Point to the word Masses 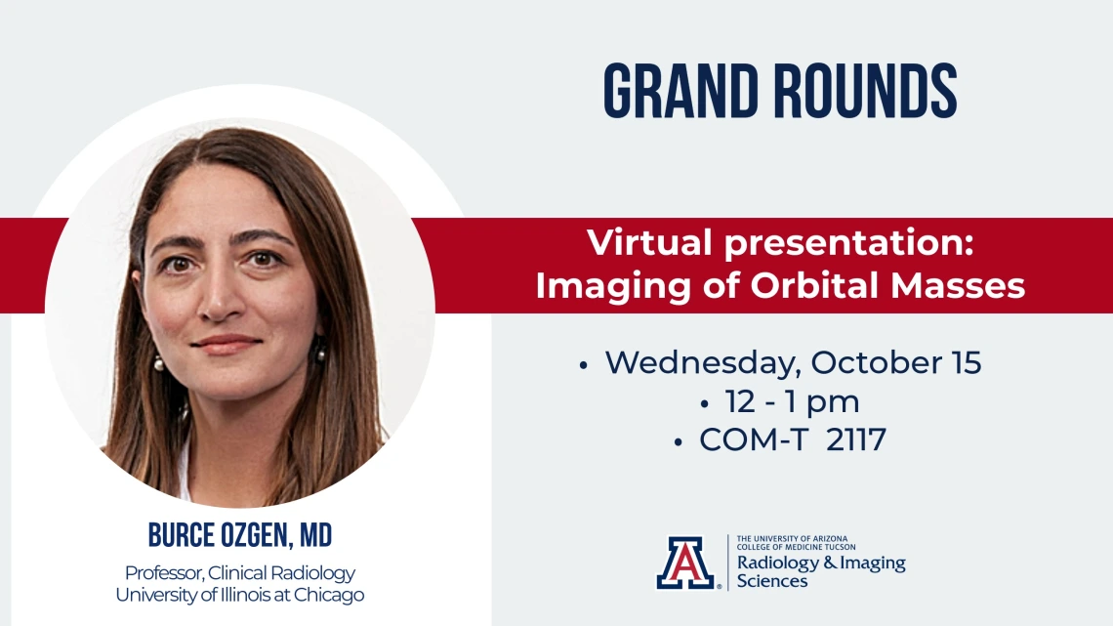[x=958, y=285]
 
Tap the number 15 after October [x=967, y=362]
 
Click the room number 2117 [x=856, y=440]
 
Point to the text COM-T [x=754, y=440]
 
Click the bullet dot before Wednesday [x=584, y=365]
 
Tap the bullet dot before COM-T [x=678, y=442]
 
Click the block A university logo [x=685, y=563]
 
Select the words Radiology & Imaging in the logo [x=821, y=563]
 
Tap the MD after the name [x=316, y=535]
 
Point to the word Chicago [x=329, y=596]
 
